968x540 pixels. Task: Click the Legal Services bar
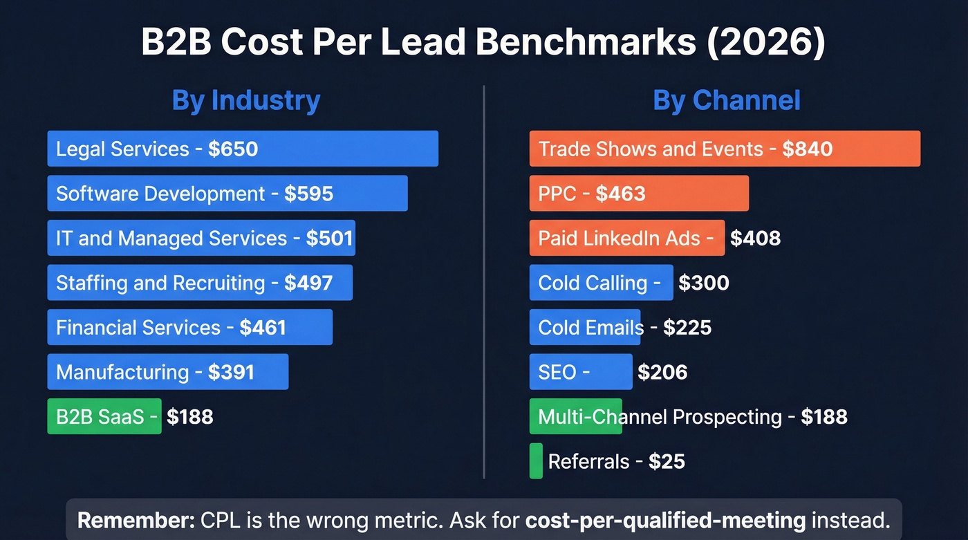pyautogui.click(x=242, y=149)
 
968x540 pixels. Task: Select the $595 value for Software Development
pyautogui.click(x=308, y=194)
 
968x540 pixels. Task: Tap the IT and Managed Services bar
pyautogui.click(x=201, y=239)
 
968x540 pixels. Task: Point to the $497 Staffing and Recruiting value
pyautogui.click(x=308, y=283)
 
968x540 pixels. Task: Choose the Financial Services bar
pyautogui.click(x=189, y=327)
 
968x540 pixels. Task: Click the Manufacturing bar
pyautogui.click(x=167, y=372)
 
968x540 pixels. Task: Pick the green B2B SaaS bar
pyautogui.click(x=104, y=416)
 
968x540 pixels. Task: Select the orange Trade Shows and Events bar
pyautogui.click(x=724, y=149)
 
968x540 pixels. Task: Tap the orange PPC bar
pyautogui.click(x=638, y=194)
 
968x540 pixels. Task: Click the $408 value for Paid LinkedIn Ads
pyautogui.click(x=755, y=239)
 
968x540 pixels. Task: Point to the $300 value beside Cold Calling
pyautogui.click(x=703, y=283)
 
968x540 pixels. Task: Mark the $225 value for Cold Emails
pyautogui.click(x=687, y=327)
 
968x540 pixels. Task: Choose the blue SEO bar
pyautogui.click(x=580, y=372)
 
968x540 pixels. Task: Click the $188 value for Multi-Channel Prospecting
pyautogui.click(x=823, y=417)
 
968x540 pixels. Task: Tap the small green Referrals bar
pyautogui.click(x=536, y=461)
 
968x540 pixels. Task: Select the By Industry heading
pyautogui.click(x=245, y=100)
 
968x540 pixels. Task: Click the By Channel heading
pyautogui.click(x=726, y=100)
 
